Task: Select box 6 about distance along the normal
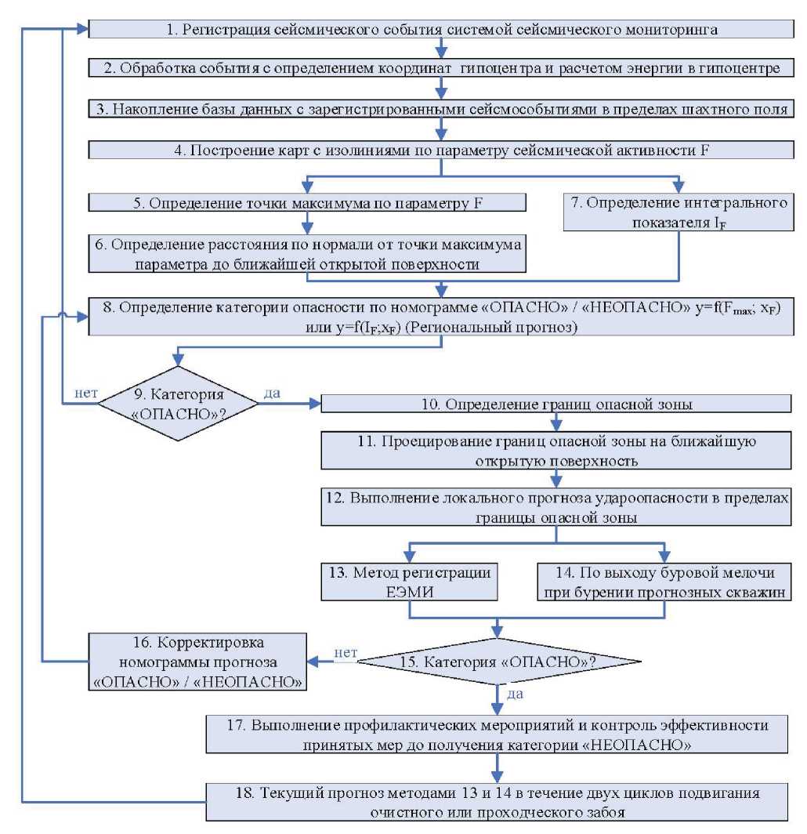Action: pos(306,255)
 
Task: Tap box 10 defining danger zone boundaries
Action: pos(557,403)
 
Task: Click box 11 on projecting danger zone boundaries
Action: pos(557,450)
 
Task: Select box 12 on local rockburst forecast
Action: pos(557,506)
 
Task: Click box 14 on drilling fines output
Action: pos(665,582)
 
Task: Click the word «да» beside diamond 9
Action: pos(272,392)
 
